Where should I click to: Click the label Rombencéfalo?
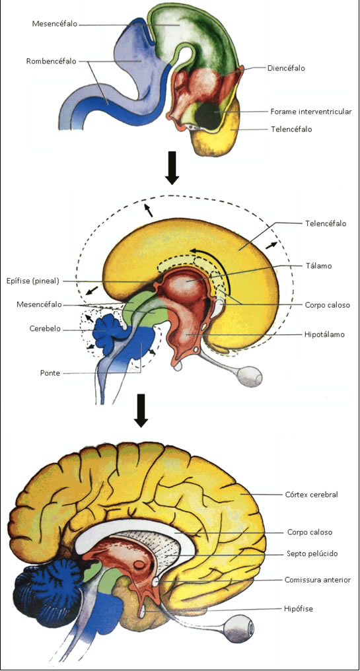(51, 61)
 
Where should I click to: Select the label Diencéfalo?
(286, 67)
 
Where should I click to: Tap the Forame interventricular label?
(311, 112)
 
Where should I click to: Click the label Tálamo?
(318, 265)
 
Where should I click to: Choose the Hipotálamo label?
(325, 335)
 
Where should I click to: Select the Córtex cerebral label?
(312, 494)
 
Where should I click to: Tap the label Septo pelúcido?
(312, 553)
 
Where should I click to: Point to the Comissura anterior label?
(318, 580)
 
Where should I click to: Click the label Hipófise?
(299, 608)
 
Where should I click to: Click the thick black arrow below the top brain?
(172, 168)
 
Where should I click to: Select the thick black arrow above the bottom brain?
(141, 411)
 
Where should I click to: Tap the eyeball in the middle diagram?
(250, 376)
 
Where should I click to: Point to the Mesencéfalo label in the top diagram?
(54, 24)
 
